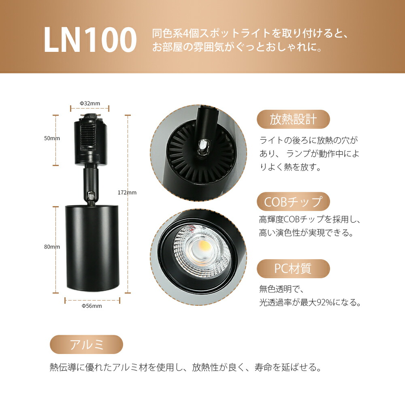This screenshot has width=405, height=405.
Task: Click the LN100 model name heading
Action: [x=90, y=40]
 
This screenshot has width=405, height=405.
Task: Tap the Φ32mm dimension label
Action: [x=90, y=103]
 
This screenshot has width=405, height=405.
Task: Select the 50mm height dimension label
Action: [x=52, y=138]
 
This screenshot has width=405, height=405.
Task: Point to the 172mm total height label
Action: [x=127, y=192]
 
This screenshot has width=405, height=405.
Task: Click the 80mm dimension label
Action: [x=52, y=247]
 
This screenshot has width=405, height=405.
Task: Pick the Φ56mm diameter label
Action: [x=92, y=306]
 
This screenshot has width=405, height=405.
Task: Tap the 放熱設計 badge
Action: [x=293, y=119]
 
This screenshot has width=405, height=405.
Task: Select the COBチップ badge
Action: [x=293, y=202]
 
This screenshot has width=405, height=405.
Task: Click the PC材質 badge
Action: [x=293, y=269]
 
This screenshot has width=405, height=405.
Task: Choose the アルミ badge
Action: [x=86, y=344]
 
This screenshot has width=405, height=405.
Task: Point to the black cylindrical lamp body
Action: [x=92, y=247]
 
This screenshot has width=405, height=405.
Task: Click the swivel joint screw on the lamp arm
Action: [x=91, y=196]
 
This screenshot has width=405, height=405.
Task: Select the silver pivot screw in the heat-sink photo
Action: [x=203, y=147]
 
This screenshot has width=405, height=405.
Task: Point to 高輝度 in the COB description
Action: [x=271, y=219]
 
